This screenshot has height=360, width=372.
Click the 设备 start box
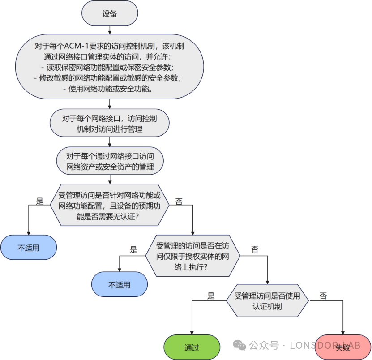pos(110,13)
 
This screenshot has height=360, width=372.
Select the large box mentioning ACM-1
pos(110,67)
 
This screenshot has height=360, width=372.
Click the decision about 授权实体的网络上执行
pos(192,256)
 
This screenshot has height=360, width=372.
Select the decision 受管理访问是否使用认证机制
pos(267,301)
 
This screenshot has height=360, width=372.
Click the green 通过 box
pos(192,347)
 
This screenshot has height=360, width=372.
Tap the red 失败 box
pos(342,347)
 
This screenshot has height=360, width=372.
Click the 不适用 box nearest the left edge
pos(29,248)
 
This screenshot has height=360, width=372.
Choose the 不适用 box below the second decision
pos(120,285)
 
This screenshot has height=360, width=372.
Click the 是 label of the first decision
pos(39,201)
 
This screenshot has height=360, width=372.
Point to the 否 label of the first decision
pos(179,201)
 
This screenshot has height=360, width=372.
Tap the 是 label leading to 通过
pos(211,296)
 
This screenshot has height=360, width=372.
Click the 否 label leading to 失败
pos(323,296)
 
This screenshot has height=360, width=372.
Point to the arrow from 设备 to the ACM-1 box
pos(110,30)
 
